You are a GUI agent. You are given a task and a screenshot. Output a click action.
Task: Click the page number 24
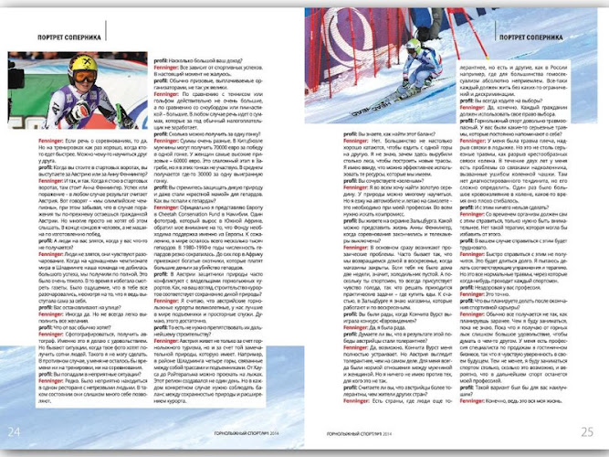click(15, 430)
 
